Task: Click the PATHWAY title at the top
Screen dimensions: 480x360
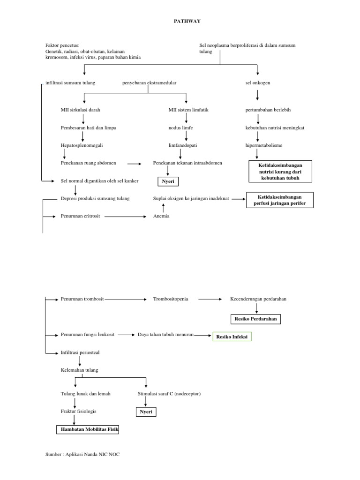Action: click(180, 21)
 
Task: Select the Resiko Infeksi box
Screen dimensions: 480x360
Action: click(232, 337)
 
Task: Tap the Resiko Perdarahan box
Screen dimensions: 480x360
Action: click(256, 319)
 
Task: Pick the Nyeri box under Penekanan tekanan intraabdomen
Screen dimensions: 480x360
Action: click(167, 181)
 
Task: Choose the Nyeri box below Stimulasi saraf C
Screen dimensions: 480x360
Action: click(144, 412)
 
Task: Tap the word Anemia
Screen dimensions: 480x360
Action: click(161, 216)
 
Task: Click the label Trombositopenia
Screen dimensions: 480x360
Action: click(171, 299)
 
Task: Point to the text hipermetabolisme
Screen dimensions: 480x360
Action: click(264, 145)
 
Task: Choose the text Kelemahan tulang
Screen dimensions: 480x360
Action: click(80, 370)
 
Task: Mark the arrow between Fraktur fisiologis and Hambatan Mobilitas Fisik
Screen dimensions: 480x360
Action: click(74, 420)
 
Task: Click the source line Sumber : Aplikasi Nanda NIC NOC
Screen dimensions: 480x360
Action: click(79, 454)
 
